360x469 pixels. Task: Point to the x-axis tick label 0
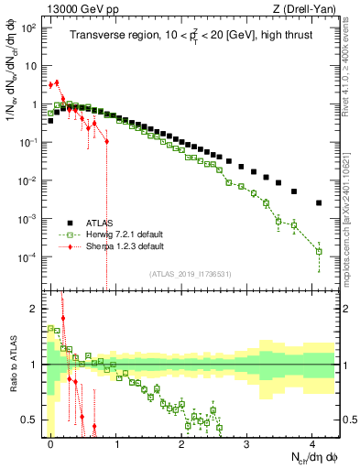point(51,442)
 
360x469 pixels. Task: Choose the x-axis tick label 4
point(312,442)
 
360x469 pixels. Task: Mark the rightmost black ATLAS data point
point(319,202)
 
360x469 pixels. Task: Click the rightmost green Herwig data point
point(319,251)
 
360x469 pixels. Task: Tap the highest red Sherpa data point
point(57,82)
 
